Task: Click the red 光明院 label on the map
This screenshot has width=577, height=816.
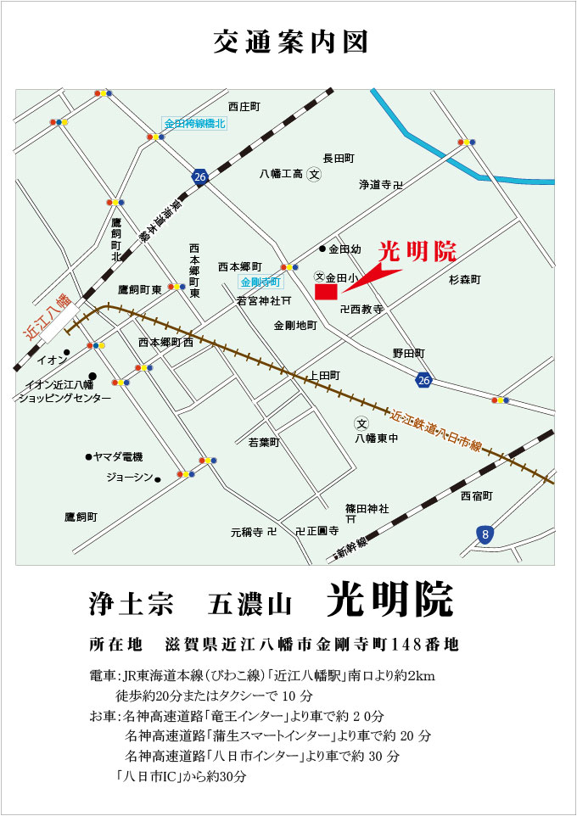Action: pos(417,252)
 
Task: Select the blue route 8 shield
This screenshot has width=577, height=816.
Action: pos(484,534)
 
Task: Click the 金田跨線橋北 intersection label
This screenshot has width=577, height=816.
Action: pos(195,124)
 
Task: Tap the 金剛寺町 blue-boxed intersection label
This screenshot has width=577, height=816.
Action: pos(260,282)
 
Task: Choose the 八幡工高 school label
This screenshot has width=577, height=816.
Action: pos(281,174)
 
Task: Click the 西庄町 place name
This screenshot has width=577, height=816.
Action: pos(244,106)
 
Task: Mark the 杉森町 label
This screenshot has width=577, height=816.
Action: pos(465,279)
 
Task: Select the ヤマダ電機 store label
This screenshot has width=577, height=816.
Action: pos(119,457)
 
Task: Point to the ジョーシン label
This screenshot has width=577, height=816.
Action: pos(129,478)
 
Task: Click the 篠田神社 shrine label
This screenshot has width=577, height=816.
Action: pos(367,508)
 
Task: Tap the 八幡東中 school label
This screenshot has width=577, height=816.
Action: pos(376,439)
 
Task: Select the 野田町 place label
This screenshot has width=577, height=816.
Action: pos(408,352)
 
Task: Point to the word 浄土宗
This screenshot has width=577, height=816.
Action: pos(131,604)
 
